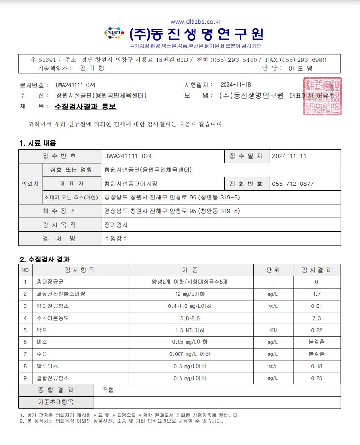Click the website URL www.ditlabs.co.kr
(195, 21)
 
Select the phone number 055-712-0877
(293, 184)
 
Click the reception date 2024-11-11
(289, 156)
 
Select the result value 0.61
(316, 306)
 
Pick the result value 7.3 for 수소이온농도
(316, 318)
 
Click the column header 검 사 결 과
(316, 270)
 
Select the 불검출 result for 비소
(316, 342)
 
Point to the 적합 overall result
(108, 390)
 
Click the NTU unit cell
(273, 330)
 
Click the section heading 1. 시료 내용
(38, 143)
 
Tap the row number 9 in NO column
(25, 378)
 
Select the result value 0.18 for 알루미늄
(316, 367)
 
